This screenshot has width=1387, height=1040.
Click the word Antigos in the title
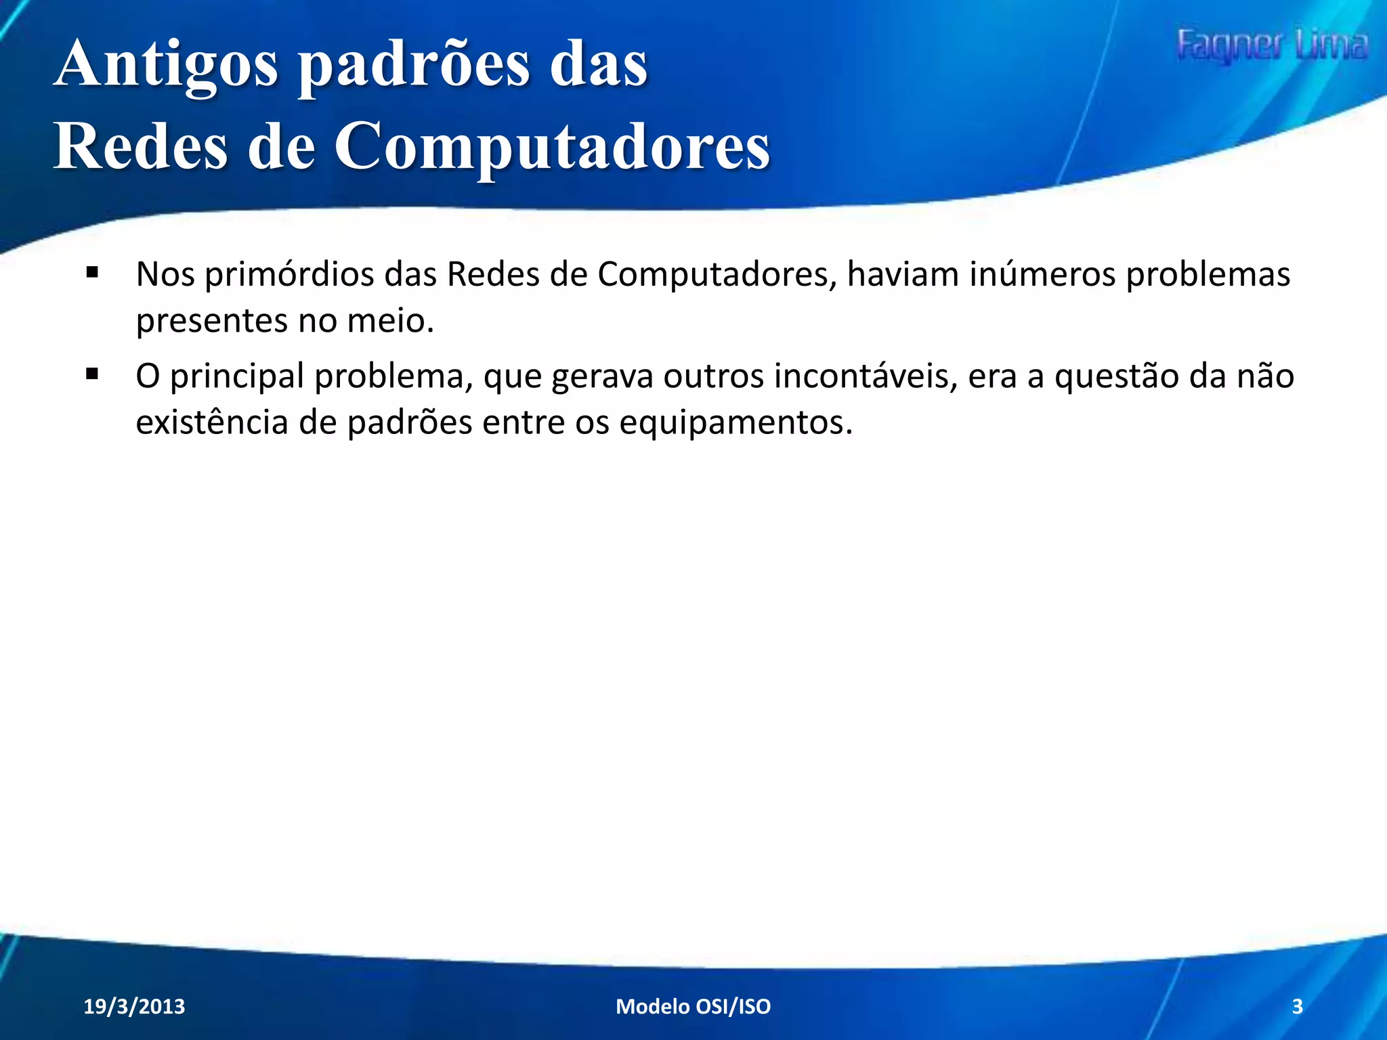click(x=165, y=65)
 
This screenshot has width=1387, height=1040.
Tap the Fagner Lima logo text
click(x=1271, y=45)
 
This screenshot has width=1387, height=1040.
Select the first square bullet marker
click(x=93, y=274)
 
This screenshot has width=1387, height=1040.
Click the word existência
click(x=212, y=422)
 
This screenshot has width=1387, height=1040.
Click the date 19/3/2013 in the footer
click(x=134, y=1006)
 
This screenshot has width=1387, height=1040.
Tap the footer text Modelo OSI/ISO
click(x=693, y=1006)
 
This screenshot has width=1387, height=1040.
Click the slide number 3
click(x=1297, y=1006)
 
